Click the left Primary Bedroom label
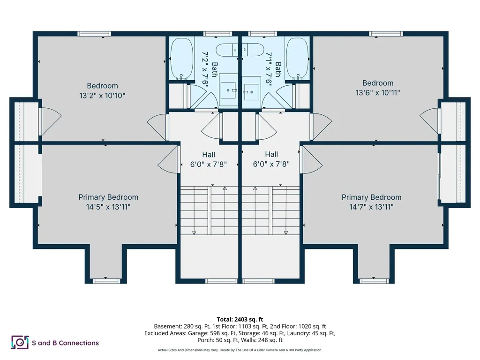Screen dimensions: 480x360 [x=108, y=197]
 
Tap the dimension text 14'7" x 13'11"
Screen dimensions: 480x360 [x=371, y=207]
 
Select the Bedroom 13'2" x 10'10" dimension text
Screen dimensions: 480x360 [x=102, y=96]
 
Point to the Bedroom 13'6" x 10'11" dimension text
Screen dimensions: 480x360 [x=378, y=92]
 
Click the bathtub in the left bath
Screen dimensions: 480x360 [x=182, y=59]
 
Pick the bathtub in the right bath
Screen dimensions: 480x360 [x=297, y=59]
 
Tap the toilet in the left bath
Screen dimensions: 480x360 [x=227, y=50]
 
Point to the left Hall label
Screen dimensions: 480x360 [x=209, y=155]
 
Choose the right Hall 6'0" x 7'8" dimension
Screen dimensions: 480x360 [x=271, y=164]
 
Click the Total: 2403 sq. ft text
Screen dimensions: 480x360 [x=240, y=320]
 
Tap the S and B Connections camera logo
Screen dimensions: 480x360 [x=20, y=342]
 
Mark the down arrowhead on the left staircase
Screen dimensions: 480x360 [x=194, y=233]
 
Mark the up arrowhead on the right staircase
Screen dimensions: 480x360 [x=255, y=188]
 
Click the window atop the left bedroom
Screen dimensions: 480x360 [x=94, y=34]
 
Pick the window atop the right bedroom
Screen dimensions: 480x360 [x=386, y=34]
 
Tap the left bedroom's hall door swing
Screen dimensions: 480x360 [x=157, y=127]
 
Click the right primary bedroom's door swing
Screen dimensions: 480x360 [x=312, y=160]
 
